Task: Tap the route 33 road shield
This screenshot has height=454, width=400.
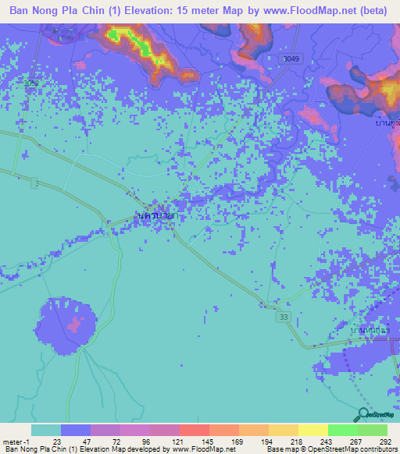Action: pyautogui.click(x=283, y=316)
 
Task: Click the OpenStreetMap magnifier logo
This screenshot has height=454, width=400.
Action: pyautogui.click(x=363, y=414)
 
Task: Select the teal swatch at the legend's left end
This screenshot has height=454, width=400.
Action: pyautogui.click(x=46, y=430)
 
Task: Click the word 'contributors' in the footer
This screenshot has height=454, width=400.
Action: pyautogui.click(x=376, y=450)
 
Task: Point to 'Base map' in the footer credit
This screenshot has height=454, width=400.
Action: pyautogui.click(x=278, y=450)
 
